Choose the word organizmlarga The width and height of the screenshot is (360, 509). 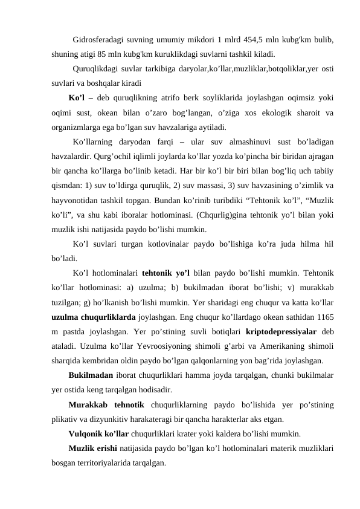(x=79, y=127)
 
